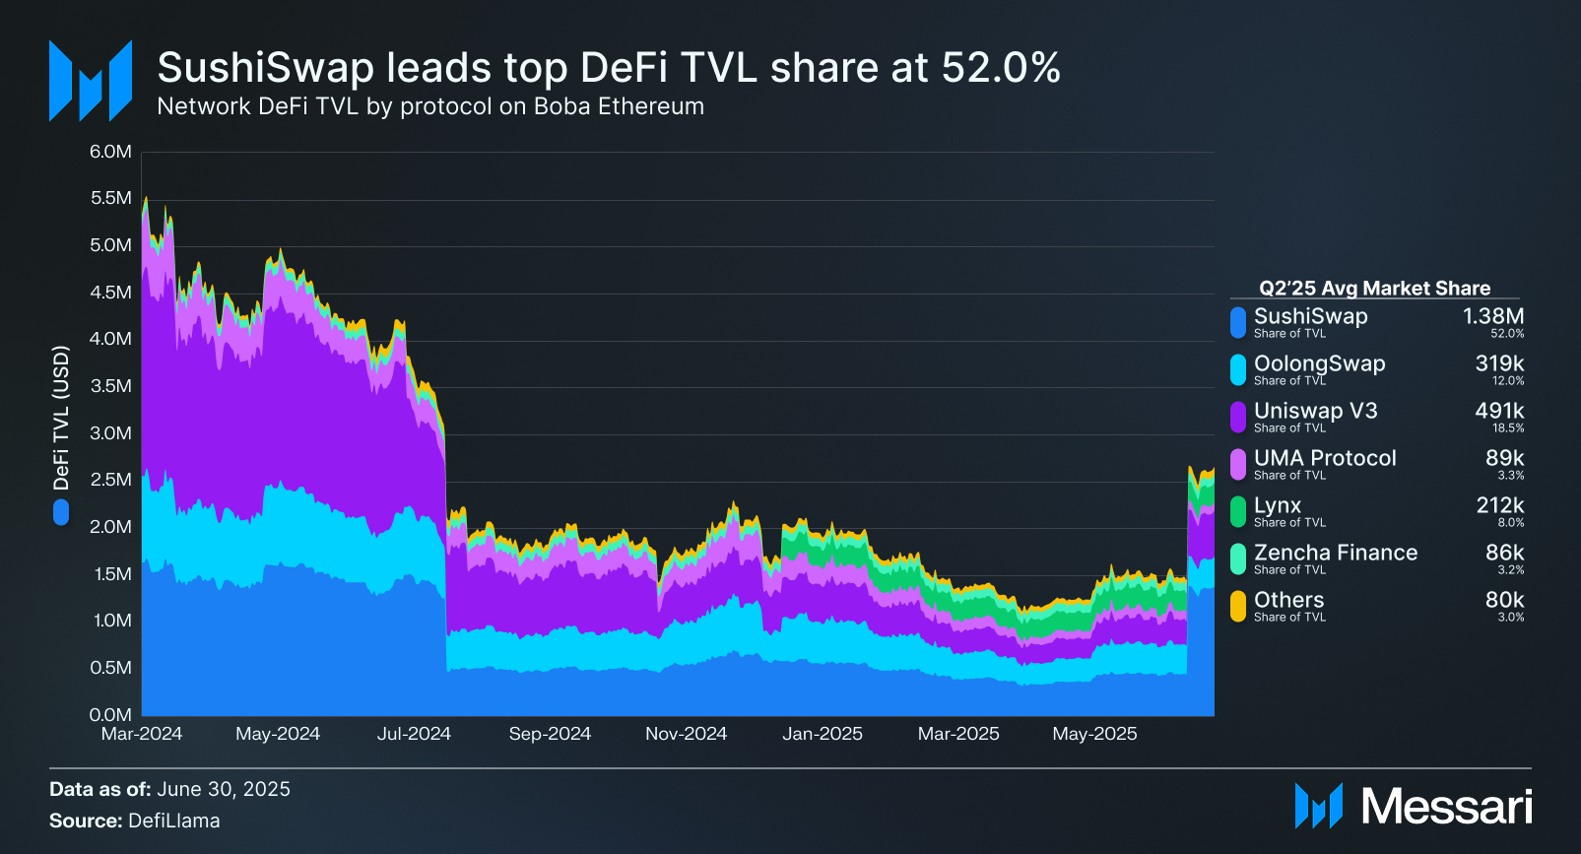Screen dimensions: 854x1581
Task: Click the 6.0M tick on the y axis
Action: point(110,152)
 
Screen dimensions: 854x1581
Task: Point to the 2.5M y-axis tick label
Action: point(110,480)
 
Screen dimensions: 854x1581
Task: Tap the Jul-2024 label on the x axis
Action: point(414,734)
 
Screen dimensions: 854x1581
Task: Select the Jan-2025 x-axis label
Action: point(823,734)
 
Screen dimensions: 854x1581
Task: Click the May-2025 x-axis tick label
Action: point(1094,734)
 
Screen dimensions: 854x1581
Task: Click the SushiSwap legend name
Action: point(1310,316)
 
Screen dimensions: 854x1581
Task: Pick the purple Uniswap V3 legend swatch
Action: point(1238,417)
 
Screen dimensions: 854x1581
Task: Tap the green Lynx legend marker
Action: point(1238,511)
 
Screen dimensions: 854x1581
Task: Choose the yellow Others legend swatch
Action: point(1238,606)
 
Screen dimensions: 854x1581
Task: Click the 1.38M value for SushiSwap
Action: point(1493,316)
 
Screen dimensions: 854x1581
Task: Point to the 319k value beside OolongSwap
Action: point(1499,363)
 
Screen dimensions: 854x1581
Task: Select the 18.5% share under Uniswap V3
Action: point(1508,428)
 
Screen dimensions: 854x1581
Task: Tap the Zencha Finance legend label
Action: point(1336,553)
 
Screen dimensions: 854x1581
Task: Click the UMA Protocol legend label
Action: point(1325,458)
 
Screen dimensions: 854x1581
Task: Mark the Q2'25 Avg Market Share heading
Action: point(1374,288)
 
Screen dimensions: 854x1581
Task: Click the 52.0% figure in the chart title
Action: point(1001,68)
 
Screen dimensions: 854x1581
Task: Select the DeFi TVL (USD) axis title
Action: point(61,418)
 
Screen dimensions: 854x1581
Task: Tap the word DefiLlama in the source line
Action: point(174,821)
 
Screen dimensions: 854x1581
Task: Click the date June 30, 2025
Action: point(224,789)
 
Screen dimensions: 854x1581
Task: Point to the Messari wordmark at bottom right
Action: point(1446,807)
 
